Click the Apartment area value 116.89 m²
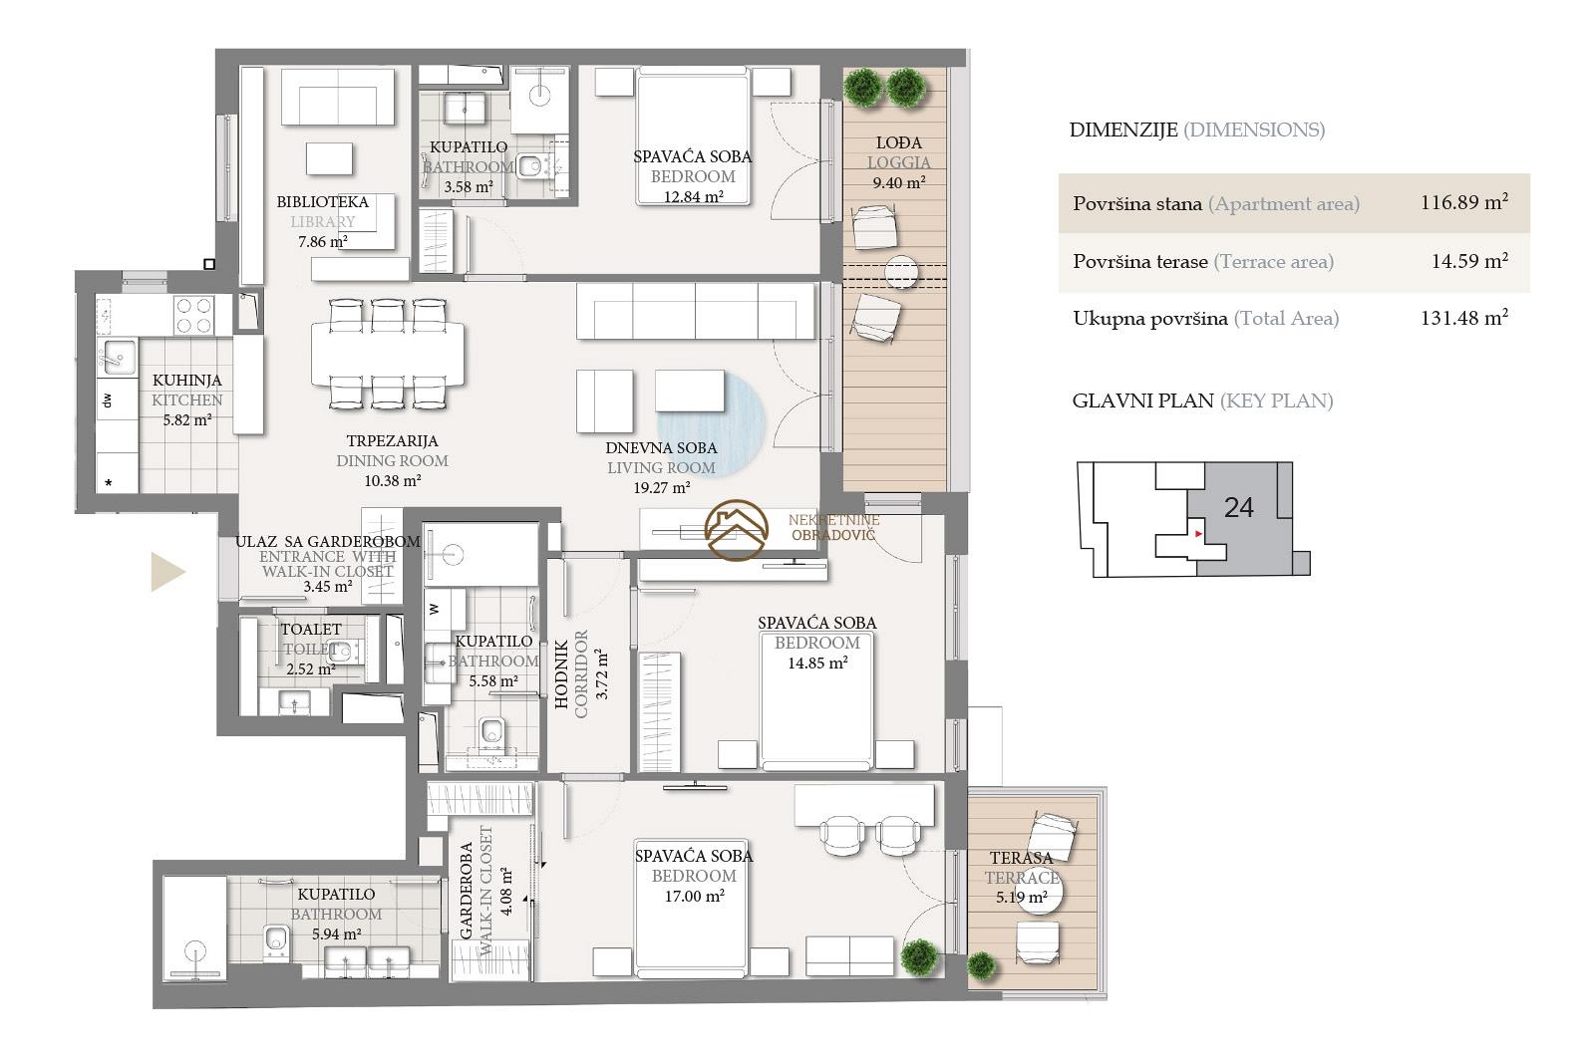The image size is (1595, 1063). click(1464, 203)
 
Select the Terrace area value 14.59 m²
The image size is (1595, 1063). click(1469, 261)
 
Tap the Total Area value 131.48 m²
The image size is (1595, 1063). click(1464, 318)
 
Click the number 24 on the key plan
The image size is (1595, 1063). click(1239, 507)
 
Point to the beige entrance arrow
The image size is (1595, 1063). click(167, 571)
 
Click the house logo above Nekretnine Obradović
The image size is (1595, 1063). click(737, 529)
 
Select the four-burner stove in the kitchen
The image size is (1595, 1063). click(194, 315)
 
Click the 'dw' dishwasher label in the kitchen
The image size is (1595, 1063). click(108, 400)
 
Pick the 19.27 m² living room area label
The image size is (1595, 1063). click(662, 488)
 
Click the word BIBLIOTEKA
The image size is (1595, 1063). click(323, 202)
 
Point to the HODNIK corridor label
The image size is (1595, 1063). click(562, 673)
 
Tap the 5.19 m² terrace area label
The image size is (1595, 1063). click(1021, 898)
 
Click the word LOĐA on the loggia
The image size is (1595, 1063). click(898, 143)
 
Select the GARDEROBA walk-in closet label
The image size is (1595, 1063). click(467, 890)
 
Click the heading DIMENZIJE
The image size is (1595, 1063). click(1123, 131)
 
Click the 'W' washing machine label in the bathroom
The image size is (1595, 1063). click(435, 609)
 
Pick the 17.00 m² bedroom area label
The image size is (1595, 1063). click(694, 897)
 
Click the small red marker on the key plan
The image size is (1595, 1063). click(1198, 534)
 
